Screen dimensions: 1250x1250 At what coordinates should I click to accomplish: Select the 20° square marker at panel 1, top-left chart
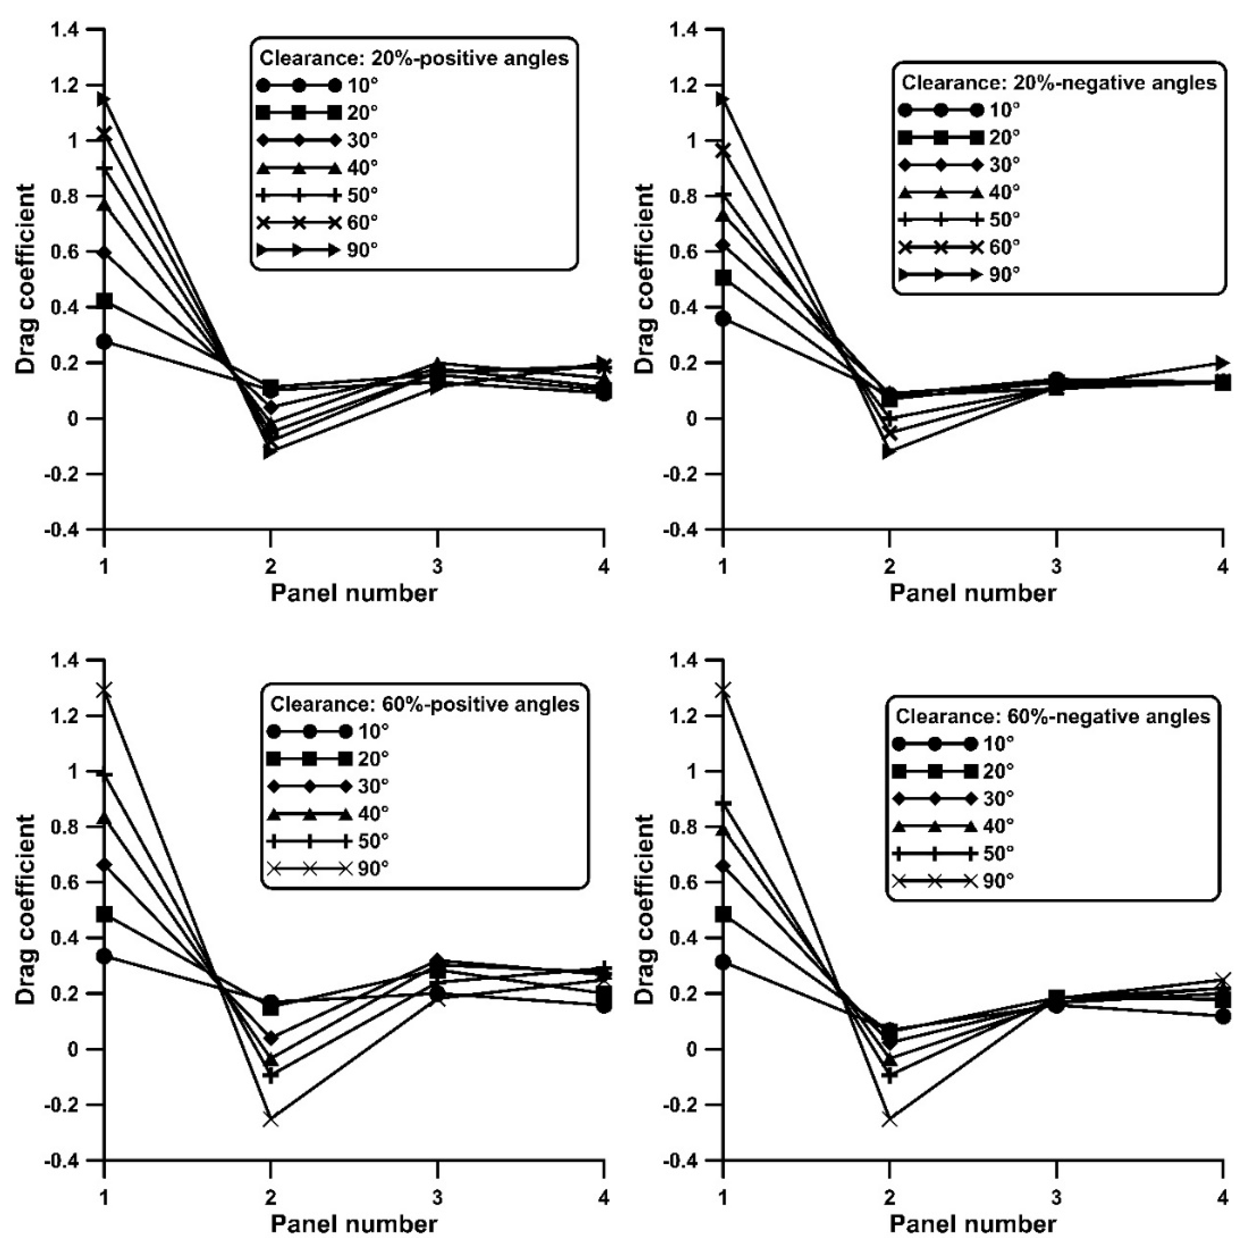(104, 301)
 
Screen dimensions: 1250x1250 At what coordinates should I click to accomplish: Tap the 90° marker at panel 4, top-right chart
(1222, 362)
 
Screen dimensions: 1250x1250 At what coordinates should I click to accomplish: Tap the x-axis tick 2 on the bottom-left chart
(271, 1198)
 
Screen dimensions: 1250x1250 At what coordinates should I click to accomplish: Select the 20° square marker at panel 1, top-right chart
(723, 278)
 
